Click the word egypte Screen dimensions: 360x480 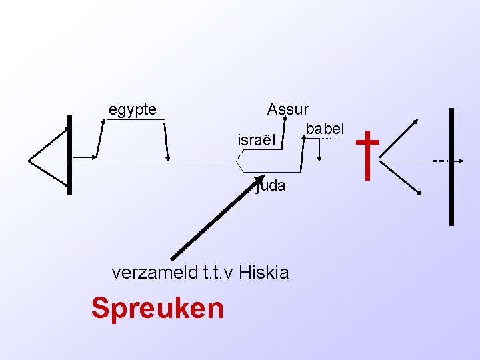click(x=133, y=109)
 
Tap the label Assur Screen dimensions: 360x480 click(x=287, y=109)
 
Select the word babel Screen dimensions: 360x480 click(x=325, y=128)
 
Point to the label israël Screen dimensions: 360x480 click(x=256, y=141)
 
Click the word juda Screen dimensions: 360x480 click(x=271, y=186)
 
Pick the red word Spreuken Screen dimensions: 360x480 click(x=157, y=308)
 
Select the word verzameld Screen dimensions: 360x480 click(x=152, y=272)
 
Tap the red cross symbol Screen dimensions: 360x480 click(x=368, y=155)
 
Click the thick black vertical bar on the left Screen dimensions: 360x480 click(x=69, y=155)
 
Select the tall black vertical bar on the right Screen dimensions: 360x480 click(x=452, y=167)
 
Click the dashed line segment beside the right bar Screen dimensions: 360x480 click(x=439, y=161)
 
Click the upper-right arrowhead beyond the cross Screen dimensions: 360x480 click(x=417, y=122)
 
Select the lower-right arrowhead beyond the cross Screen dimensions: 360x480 click(x=420, y=193)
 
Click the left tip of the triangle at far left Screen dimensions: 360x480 click(x=29, y=160)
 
